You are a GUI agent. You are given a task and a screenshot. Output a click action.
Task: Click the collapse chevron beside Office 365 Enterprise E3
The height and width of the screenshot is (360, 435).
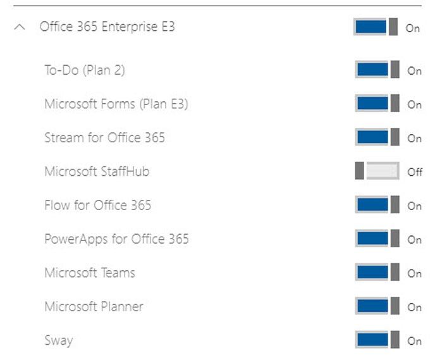coord(20,28)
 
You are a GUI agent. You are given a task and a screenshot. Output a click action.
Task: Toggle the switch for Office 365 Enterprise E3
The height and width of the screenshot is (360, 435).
coord(376,27)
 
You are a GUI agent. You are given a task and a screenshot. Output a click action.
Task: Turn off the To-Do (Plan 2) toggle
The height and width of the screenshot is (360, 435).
coord(377,70)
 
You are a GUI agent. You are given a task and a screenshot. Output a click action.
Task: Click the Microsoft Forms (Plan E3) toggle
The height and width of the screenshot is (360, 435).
coord(377,104)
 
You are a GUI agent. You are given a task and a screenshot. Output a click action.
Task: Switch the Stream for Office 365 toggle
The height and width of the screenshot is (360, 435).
coord(377,137)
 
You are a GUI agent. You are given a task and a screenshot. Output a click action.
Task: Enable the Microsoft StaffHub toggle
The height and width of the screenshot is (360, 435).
coord(377,171)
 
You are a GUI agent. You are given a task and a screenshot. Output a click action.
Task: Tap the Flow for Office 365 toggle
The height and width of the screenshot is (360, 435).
coord(377,205)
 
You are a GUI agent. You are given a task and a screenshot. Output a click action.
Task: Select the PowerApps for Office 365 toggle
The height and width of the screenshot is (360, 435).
coord(377,239)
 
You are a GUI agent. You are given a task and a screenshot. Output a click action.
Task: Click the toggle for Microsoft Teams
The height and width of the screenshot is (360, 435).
coord(377,273)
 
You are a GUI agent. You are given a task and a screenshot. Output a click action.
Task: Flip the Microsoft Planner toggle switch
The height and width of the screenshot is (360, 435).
coord(377,307)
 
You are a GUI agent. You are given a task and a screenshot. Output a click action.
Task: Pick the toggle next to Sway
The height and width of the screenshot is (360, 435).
coord(377,340)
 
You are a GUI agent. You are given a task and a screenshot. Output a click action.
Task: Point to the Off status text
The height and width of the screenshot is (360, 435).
coord(415,172)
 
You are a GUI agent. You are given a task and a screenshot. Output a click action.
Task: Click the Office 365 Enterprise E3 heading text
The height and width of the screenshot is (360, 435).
coord(107,27)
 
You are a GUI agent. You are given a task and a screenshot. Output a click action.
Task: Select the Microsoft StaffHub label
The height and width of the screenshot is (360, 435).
coord(97,171)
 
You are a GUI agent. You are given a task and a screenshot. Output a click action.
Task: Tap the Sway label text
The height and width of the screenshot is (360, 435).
coord(59,341)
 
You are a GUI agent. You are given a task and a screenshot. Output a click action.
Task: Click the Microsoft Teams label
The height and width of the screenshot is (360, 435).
coord(90,273)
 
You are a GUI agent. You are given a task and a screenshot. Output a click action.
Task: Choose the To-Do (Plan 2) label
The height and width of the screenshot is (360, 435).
coord(85,70)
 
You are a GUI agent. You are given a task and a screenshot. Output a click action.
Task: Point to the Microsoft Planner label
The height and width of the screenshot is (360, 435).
coord(94,307)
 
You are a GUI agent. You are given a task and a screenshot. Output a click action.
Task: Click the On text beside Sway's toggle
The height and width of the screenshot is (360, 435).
coord(414,341)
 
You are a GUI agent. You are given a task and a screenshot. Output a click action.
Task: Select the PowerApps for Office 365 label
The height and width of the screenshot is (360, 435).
coord(116,239)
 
